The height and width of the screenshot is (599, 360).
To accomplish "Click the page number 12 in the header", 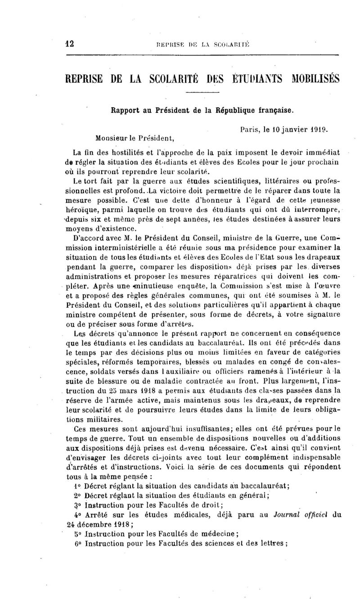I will (x=69, y=44).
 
